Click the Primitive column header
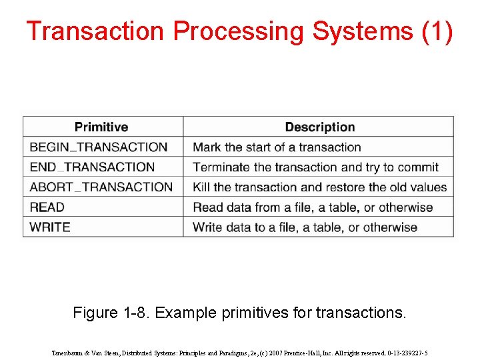(x=101, y=127)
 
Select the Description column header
(x=319, y=127)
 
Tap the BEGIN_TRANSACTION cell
(x=99, y=147)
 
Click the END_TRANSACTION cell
(x=92, y=167)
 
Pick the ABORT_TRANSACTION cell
(x=101, y=187)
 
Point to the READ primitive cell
(x=47, y=207)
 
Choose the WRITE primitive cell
(x=50, y=227)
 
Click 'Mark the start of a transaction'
(x=277, y=147)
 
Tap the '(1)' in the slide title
(x=437, y=31)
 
